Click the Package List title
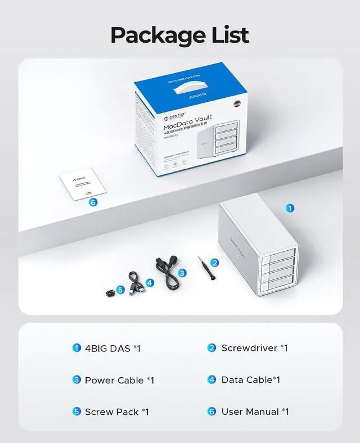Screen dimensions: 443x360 coord(179,34)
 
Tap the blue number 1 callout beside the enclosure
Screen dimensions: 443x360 coord(290,208)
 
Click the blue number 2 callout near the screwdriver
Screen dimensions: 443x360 coord(214,263)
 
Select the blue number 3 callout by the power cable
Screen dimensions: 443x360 coord(182,273)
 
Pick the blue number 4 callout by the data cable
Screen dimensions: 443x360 coord(150,282)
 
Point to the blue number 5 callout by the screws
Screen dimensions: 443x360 coord(120,291)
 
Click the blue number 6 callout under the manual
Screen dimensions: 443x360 coord(93,202)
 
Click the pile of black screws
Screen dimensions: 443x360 coord(107,292)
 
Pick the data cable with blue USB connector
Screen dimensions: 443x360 coord(136,281)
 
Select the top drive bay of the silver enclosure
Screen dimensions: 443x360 coord(280,256)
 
